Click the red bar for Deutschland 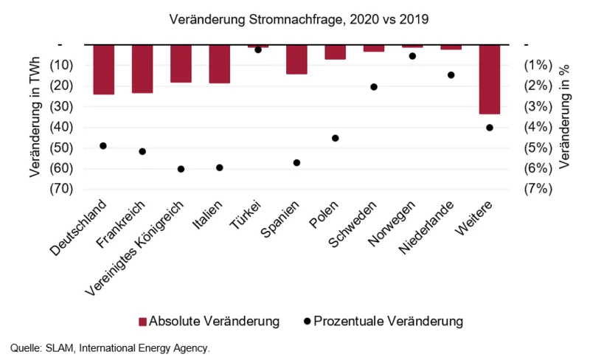click(x=104, y=69)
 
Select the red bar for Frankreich click(x=142, y=69)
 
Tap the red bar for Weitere click(x=489, y=79)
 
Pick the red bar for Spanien click(x=296, y=59)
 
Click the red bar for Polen click(x=336, y=52)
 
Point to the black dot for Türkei click(x=258, y=49)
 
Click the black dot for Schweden click(x=374, y=87)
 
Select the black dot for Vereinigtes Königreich click(x=181, y=169)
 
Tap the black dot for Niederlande click(x=451, y=75)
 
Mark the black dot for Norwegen click(x=412, y=56)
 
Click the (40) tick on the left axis click(x=61, y=127)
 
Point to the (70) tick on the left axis click(x=61, y=189)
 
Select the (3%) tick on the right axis click(x=537, y=106)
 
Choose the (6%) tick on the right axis click(x=537, y=168)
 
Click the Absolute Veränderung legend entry click(x=209, y=321)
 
